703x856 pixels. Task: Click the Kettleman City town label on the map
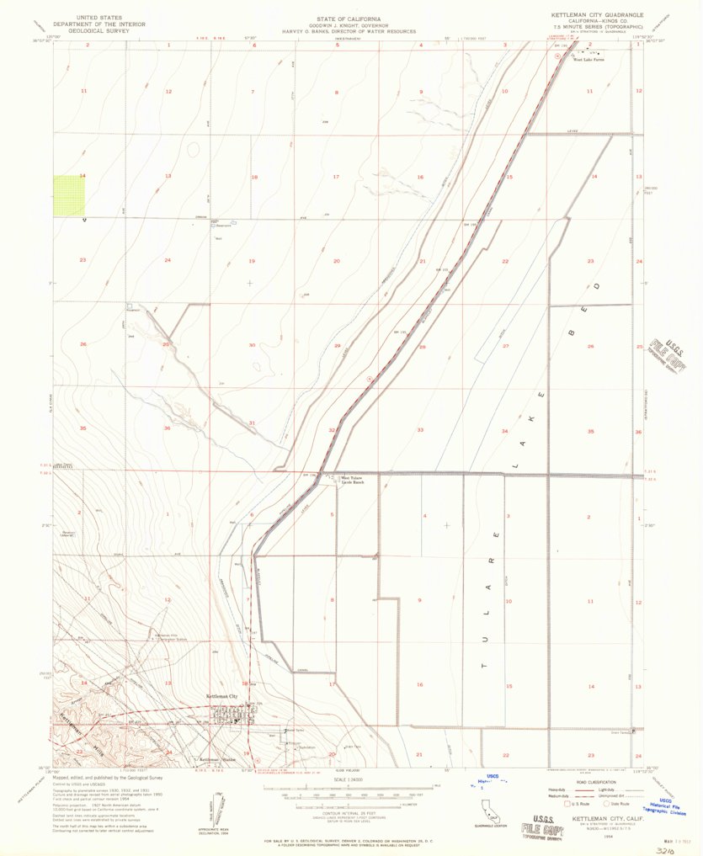tap(223, 697)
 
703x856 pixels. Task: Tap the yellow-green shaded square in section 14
tap(70, 195)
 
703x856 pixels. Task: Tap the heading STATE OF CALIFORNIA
tap(349, 17)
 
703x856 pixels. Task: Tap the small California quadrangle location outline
tap(486, 813)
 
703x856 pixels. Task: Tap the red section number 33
tap(420, 430)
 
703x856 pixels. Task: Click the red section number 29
tap(337, 346)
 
